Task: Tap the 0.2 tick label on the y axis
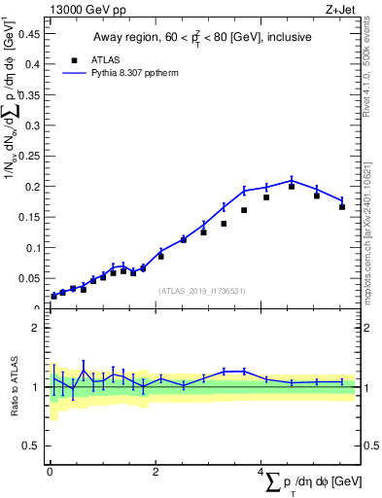(33, 187)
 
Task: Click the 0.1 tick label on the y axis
(33, 248)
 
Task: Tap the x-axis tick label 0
(50, 472)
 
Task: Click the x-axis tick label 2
(156, 472)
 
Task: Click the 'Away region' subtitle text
(202, 38)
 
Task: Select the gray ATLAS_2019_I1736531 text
(202, 290)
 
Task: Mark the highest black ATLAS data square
(292, 186)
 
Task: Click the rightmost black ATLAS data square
(342, 206)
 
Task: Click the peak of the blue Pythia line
(292, 180)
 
